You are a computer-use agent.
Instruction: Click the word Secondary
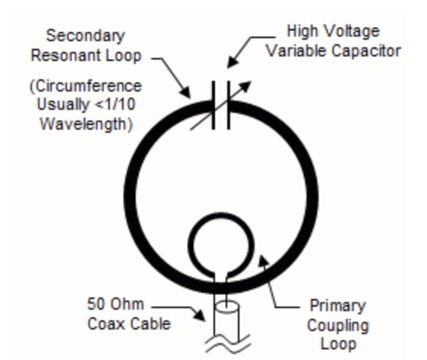click(x=85, y=36)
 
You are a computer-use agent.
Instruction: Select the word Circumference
click(x=87, y=86)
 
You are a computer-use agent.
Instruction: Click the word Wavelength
click(x=85, y=124)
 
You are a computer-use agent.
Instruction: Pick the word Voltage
click(x=352, y=31)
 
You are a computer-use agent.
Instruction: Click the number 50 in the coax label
click(x=96, y=304)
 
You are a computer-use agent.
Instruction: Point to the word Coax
click(x=107, y=324)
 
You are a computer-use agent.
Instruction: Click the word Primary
click(x=338, y=307)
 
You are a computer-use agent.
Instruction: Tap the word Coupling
click(x=338, y=326)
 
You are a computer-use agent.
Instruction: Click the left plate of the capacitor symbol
click(x=213, y=105)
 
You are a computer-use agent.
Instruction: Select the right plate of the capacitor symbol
click(x=229, y=105)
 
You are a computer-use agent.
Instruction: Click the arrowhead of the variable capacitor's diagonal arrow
click(x=246, y=85)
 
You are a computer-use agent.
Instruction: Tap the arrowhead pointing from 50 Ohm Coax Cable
click(x=199, y=315)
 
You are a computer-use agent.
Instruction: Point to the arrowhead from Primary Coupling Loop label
click(x=263, y=262)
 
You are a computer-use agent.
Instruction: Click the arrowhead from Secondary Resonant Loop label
click(x=186, y=92)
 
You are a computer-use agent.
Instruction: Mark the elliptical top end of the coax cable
click(x=227, y=307)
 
